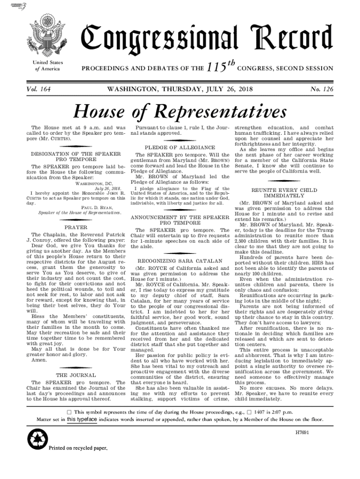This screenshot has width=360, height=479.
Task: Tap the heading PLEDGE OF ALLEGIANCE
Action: [x=180, y=147]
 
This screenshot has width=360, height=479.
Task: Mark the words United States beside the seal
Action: [x=48, y=63]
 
